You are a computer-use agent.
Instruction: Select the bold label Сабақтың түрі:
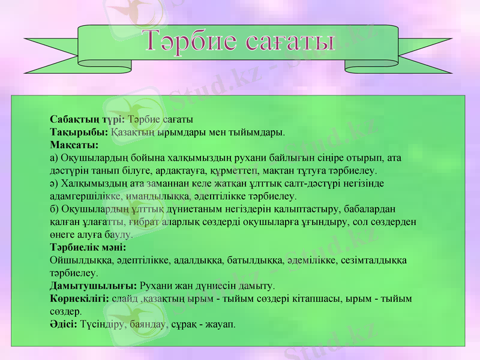88,119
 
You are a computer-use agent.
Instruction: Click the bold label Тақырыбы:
79,131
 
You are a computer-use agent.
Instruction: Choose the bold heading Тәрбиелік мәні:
88,247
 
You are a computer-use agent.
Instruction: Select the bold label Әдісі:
64,324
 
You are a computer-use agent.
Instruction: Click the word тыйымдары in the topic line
257,131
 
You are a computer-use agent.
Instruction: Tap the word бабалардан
371,209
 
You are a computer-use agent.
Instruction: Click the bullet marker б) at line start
55,209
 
